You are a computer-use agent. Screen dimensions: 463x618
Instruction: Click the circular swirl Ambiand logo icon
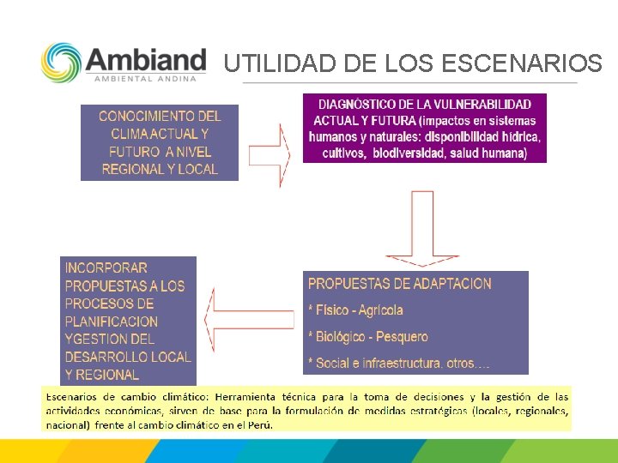coord(62,63)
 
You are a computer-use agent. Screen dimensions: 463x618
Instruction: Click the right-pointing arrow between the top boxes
coord(270,154)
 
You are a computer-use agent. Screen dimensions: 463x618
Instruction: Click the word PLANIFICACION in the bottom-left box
coord(112,322)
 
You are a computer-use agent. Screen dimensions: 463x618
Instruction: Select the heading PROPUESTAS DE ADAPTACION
coord(399,284)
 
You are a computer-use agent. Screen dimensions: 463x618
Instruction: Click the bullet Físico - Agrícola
coord(355,310)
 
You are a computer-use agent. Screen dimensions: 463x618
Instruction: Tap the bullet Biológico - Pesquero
coord(367,337)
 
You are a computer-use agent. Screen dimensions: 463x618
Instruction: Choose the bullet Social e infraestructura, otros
coord(398,364)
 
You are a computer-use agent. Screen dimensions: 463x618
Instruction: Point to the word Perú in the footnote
coord(260,424)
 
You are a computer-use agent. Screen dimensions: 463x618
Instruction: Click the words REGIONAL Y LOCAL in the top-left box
coord(160,169)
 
